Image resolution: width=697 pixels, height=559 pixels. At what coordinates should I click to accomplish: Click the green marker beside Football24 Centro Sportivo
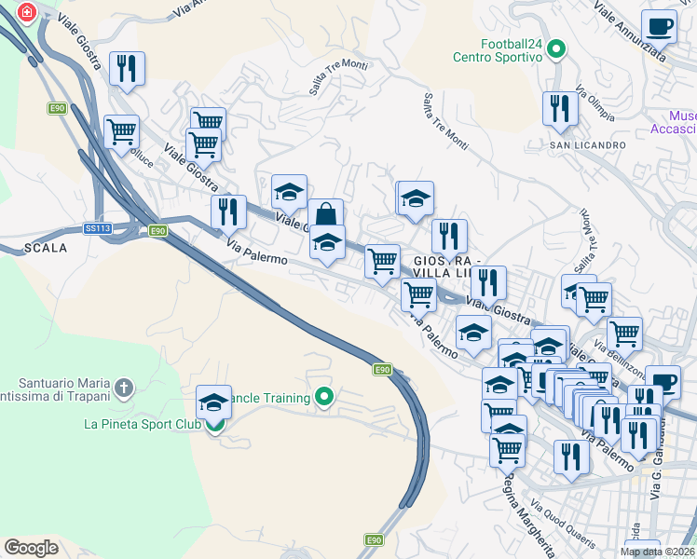click(556, 48)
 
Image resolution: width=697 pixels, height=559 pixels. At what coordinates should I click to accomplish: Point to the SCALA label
click(45, 248)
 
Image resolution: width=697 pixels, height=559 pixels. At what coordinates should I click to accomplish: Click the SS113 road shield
click(98, 228)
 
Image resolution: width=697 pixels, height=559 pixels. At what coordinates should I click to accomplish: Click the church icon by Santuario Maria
click(124, 386)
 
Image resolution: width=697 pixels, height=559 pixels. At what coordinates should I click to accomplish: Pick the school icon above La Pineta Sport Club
click(214, 402)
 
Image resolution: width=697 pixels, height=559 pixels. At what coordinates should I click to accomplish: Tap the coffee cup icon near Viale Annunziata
click(659, 26)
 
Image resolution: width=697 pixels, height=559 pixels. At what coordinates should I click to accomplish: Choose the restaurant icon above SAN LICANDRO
click(560, 107)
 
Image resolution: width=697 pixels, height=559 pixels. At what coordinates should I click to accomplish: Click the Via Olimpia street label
click(595, 104)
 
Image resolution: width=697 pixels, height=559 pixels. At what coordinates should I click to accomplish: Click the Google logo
click(31, 547)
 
